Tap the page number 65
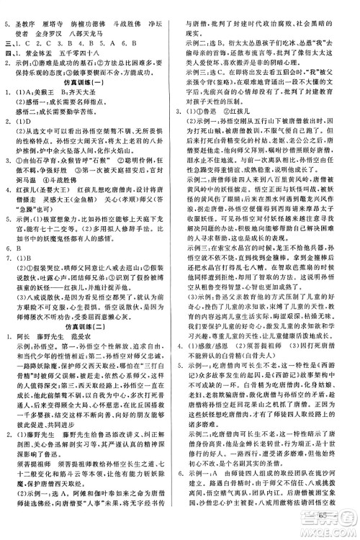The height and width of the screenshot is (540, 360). pos(336,513)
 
